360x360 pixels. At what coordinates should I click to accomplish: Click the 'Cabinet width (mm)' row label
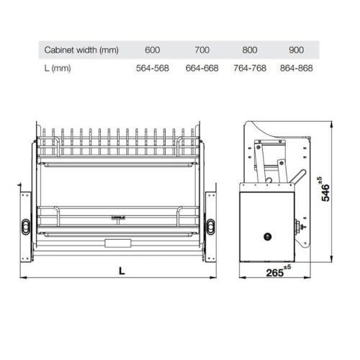[x=81, y=50]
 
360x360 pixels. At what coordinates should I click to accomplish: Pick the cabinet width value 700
[x=202, y=50]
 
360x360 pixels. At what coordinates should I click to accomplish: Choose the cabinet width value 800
[x=251, y=50]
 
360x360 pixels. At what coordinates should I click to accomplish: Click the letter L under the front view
[x=121, y=271]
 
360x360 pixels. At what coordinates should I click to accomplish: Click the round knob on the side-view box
[x=268, y=235]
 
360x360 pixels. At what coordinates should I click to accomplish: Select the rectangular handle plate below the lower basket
[x=120, y=243]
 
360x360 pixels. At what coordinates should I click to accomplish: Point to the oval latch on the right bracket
[x=212, y=225]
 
